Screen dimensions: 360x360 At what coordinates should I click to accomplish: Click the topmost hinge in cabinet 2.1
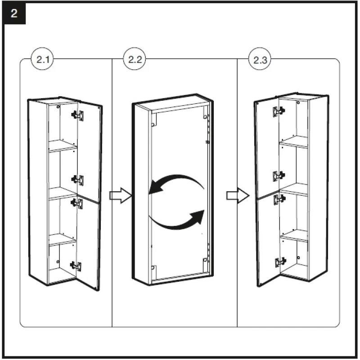point(77,115)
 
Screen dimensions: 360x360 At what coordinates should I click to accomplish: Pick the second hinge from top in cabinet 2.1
point(77,180)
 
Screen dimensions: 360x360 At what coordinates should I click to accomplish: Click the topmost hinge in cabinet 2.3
point(278,111)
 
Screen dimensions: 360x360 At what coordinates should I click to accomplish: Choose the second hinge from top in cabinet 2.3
point(278,175)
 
